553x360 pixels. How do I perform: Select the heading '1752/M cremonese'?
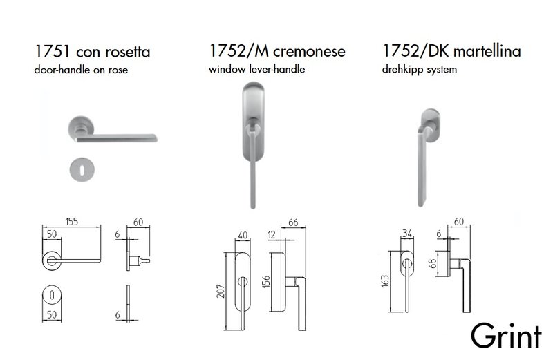point(277,52)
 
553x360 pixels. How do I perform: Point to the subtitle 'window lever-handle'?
point(256,70)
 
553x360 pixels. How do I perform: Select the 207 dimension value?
point(219,294)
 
